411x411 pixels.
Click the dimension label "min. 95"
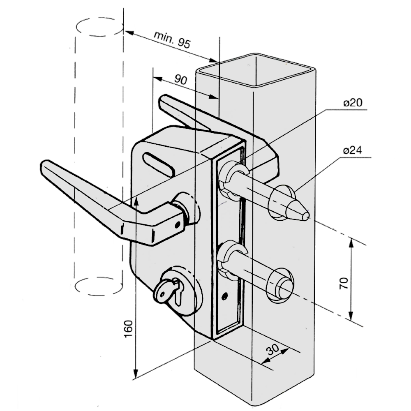173,40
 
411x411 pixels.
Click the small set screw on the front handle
178,224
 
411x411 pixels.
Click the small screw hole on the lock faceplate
224,295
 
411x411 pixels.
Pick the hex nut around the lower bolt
228,257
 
